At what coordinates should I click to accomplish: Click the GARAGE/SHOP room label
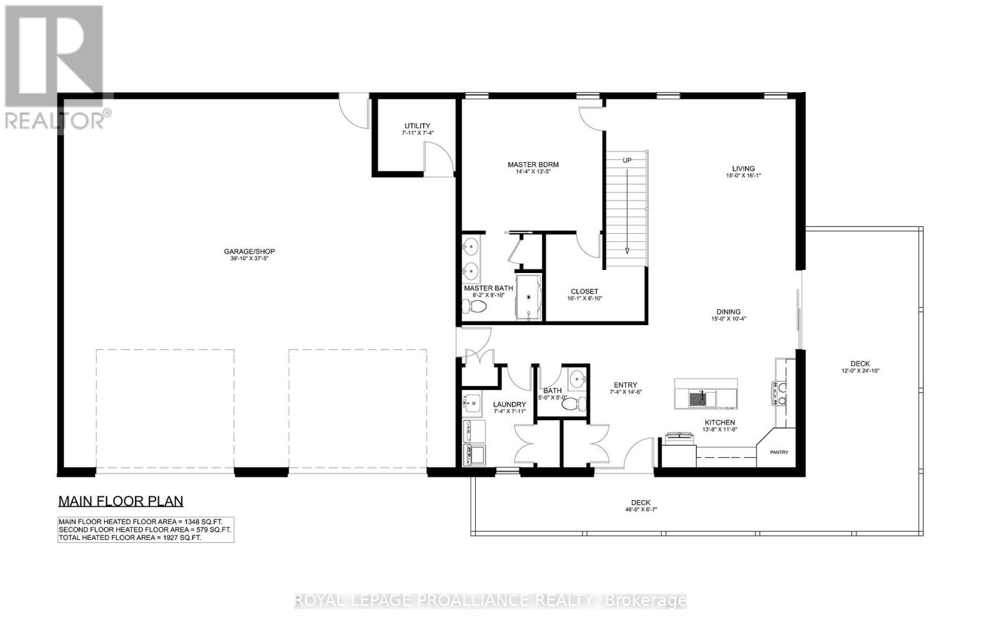click(249, 252)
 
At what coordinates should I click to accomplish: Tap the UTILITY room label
click(417, 126)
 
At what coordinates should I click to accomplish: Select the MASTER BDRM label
click(533, 164)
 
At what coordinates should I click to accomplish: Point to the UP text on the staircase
click(627, 160)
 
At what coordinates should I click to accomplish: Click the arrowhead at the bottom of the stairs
click(627, 250)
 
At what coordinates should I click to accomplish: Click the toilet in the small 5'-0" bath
click(573, 404)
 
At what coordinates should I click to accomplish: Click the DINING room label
click(728, 312)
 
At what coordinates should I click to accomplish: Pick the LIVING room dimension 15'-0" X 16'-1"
click(743, 176)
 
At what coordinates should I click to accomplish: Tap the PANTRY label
click(779, 452)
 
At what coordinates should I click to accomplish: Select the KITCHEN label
click(719, 422)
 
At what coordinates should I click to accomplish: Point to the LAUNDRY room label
click(510, 404)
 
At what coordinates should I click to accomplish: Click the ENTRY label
click(625, 385)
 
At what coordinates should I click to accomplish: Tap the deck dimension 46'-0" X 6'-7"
click(641, 509)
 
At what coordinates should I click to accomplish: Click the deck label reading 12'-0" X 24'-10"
click(860, 371)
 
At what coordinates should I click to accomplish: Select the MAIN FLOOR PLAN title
click(121, 501)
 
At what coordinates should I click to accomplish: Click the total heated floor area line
click(129, 537)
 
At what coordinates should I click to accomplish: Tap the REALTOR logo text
click(55, 120)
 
